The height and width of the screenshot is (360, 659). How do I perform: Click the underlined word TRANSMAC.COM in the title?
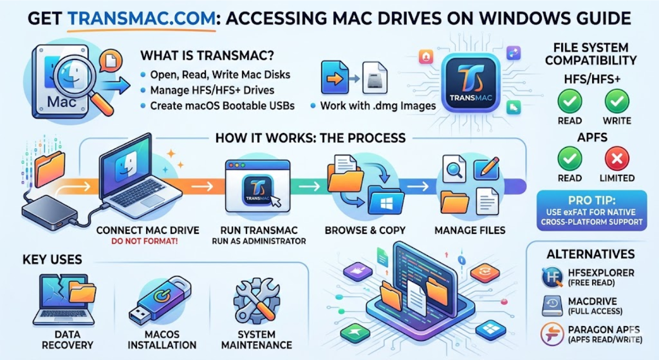[x=142, y=18]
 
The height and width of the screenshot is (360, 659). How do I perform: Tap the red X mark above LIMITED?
[x=617, y=159]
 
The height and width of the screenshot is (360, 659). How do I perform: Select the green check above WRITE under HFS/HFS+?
[x=617, y=102]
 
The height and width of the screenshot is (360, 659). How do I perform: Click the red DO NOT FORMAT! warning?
[x=144, y=241]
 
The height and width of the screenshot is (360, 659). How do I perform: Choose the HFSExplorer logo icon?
[x=552, y=277]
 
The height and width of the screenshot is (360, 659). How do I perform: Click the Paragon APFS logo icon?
[x=552, y=334]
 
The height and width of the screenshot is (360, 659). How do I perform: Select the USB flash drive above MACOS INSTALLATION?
[x=160, y=300]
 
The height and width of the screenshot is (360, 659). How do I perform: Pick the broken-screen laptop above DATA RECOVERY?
[x=65, y=299]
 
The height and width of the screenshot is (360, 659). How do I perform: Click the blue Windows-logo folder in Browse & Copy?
[x=386, y=200]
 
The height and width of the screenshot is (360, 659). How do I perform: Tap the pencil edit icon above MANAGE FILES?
[x=487, y=168]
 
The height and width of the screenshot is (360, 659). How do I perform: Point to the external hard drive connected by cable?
[x=50, y=212]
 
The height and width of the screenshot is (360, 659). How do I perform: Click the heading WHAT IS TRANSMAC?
[x=207, y=55]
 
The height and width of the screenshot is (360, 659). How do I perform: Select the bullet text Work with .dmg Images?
[x=378, y=105]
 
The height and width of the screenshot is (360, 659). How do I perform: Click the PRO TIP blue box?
[x=591, y=210]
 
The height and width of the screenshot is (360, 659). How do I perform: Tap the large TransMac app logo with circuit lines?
[x=471, y=82]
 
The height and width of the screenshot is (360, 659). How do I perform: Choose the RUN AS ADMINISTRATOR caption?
[x=259, y=241]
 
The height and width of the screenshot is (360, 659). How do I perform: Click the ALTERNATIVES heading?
[x=590, y=254]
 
